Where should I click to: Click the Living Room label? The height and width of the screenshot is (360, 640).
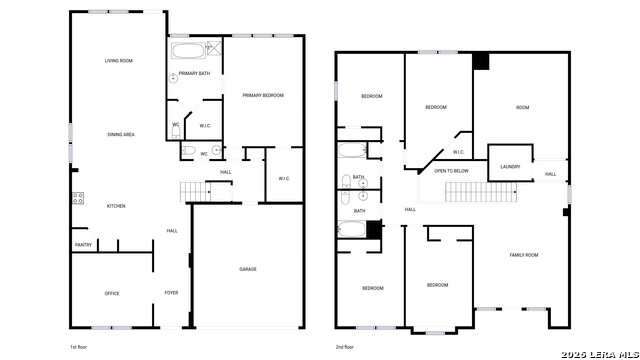119,61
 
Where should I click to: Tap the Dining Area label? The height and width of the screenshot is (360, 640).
121,134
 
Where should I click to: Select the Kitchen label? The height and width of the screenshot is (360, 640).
116,206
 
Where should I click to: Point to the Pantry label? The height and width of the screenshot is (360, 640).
83,245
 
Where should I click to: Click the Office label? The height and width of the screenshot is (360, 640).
112,293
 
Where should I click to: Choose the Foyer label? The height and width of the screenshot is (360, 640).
171,293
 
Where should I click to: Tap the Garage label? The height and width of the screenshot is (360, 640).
247,269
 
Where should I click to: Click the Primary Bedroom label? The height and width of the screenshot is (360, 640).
263,95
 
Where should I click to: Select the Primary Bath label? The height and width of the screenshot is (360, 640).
194,74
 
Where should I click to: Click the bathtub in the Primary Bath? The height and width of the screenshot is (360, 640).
187,50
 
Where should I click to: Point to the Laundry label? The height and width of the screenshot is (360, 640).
510,167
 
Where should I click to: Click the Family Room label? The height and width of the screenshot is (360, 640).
524,255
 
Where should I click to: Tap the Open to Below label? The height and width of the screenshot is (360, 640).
451,171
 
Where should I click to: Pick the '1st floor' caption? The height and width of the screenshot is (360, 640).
80,346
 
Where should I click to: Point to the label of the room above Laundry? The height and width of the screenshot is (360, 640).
522,108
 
